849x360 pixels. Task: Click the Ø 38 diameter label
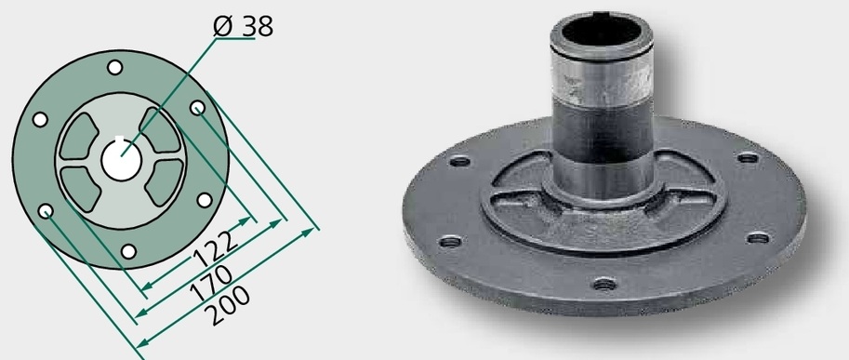(243, 26)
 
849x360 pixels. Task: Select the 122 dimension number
(216, 249)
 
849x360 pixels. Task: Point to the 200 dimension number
(230, 305)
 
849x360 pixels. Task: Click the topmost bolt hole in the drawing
(114, 68)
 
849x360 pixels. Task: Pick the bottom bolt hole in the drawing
(128, 251)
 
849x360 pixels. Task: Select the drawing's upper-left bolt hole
(40, 120)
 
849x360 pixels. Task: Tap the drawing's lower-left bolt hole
(46, 210)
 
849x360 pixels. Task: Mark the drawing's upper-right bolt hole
(198, 108)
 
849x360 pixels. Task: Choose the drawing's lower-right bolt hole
(205, 200)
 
